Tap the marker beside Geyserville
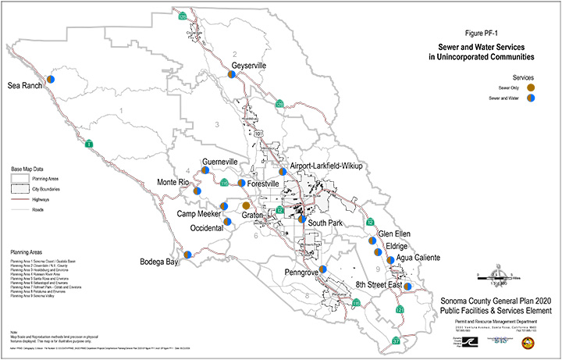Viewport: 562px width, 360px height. [233, 74]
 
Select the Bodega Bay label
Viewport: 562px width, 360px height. [159, 262]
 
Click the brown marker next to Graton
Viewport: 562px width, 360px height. [246, 205]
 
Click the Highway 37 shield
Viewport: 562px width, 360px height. [396, 341]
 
